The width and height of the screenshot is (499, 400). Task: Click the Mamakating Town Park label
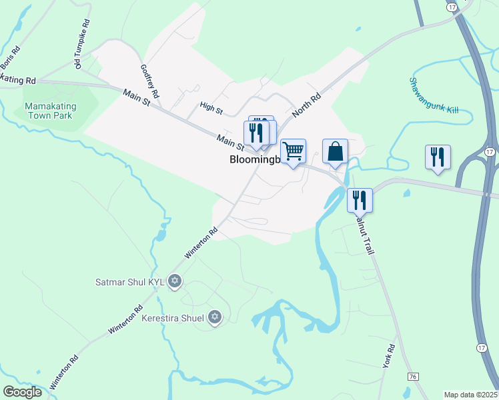50,111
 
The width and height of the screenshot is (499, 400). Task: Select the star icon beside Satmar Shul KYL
175,281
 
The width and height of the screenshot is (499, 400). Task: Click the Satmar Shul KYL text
131,281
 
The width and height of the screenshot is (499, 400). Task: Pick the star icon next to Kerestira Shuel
215,317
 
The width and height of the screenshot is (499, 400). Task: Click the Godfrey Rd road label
151,81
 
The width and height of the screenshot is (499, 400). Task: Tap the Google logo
23,392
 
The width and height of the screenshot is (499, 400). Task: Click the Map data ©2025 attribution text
471,395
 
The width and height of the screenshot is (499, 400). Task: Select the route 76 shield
412,377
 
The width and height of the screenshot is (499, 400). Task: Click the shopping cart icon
293,151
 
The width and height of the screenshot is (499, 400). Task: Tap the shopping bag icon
335,151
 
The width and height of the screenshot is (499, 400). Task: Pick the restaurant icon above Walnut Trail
359,199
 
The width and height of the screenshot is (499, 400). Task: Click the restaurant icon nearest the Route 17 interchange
438,157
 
